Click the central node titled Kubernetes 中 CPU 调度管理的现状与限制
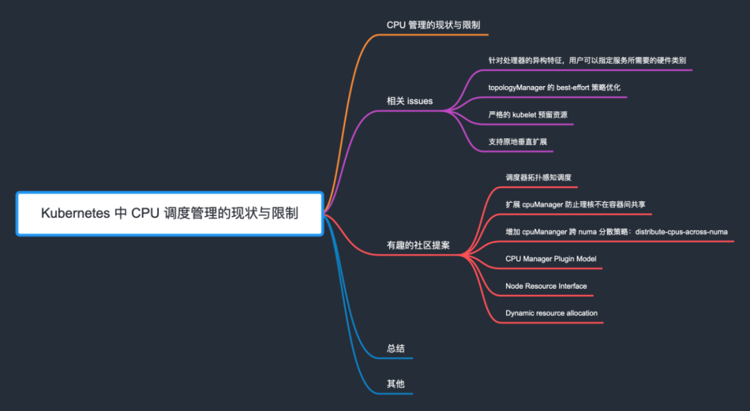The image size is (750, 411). pos(169,213)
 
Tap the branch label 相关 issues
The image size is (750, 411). pos(410,101)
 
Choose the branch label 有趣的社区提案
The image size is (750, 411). pos(418,245)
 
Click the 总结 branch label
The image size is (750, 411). pos(396,349)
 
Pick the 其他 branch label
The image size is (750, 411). pos(396,384)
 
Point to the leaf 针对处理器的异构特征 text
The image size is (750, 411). pos(587,60)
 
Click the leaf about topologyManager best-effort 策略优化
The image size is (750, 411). pos(554,87)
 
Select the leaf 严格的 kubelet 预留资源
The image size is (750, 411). pos(528,115)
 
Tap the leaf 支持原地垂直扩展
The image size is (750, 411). pos(517,142)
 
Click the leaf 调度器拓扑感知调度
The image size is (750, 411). pos(538,178)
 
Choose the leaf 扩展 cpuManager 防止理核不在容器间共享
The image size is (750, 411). pos(575,205)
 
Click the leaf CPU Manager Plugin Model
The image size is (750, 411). pos(551,259)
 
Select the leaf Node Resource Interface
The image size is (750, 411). pos(546,286)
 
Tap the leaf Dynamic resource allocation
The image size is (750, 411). pos(551,313)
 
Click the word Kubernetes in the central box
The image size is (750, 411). pos(74,213)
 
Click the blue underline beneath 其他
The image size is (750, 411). pos(399,394)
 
